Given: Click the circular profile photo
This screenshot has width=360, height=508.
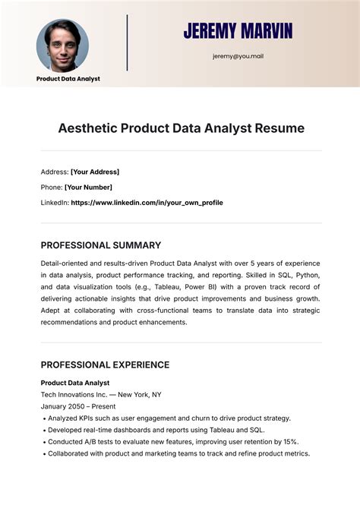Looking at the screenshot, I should (62, 45).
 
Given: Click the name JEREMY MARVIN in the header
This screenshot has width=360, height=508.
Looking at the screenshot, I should (238, 31).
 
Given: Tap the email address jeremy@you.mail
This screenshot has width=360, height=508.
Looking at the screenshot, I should (238, 55).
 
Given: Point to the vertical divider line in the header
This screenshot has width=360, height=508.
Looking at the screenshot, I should (127, 43).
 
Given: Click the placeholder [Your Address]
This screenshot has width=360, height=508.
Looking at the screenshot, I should (95, 172).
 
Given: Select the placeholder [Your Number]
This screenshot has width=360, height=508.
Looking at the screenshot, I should (88, 187).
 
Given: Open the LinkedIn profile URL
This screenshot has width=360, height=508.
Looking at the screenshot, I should (147, 203).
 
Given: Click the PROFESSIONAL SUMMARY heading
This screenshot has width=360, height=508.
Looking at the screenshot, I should (100, 245).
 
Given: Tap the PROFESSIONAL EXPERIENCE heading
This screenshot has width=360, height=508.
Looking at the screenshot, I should (105, 364).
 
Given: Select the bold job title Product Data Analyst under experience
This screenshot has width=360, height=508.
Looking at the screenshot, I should (75, 383).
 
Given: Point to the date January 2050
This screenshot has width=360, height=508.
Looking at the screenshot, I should (63, 407).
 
